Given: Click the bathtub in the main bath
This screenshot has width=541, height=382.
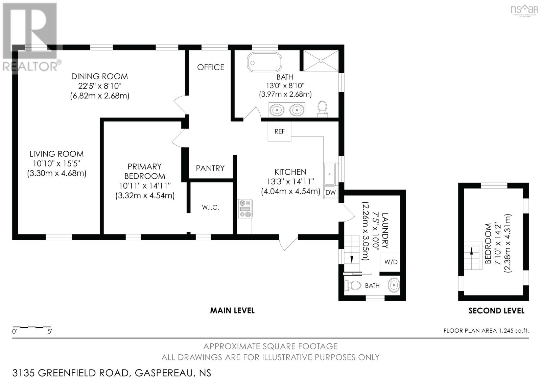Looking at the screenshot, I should pos(264,62).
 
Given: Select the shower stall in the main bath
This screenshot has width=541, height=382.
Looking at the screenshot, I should pos(321,61).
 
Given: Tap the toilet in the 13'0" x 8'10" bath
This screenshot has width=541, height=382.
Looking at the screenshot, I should pos(323,109).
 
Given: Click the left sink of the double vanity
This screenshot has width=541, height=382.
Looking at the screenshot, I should pos(277,110).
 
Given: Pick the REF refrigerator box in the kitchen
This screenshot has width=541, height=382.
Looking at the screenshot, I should pos(279,131).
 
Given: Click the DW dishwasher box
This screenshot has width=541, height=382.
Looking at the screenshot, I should pos(330,193).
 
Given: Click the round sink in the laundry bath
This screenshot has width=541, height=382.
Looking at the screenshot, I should pos(393,285).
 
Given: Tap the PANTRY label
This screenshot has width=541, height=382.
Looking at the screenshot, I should pos(210,168).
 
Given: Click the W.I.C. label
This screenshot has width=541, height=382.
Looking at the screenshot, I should pos(210,207).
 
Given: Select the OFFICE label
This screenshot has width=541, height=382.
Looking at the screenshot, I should pos(211,67).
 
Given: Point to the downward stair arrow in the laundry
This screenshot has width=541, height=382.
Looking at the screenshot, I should pos(352,259).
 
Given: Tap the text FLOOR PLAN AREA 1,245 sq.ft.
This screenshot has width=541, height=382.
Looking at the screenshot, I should pos(486,331).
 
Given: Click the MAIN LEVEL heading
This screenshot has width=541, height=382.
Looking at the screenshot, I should pos(232,310).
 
